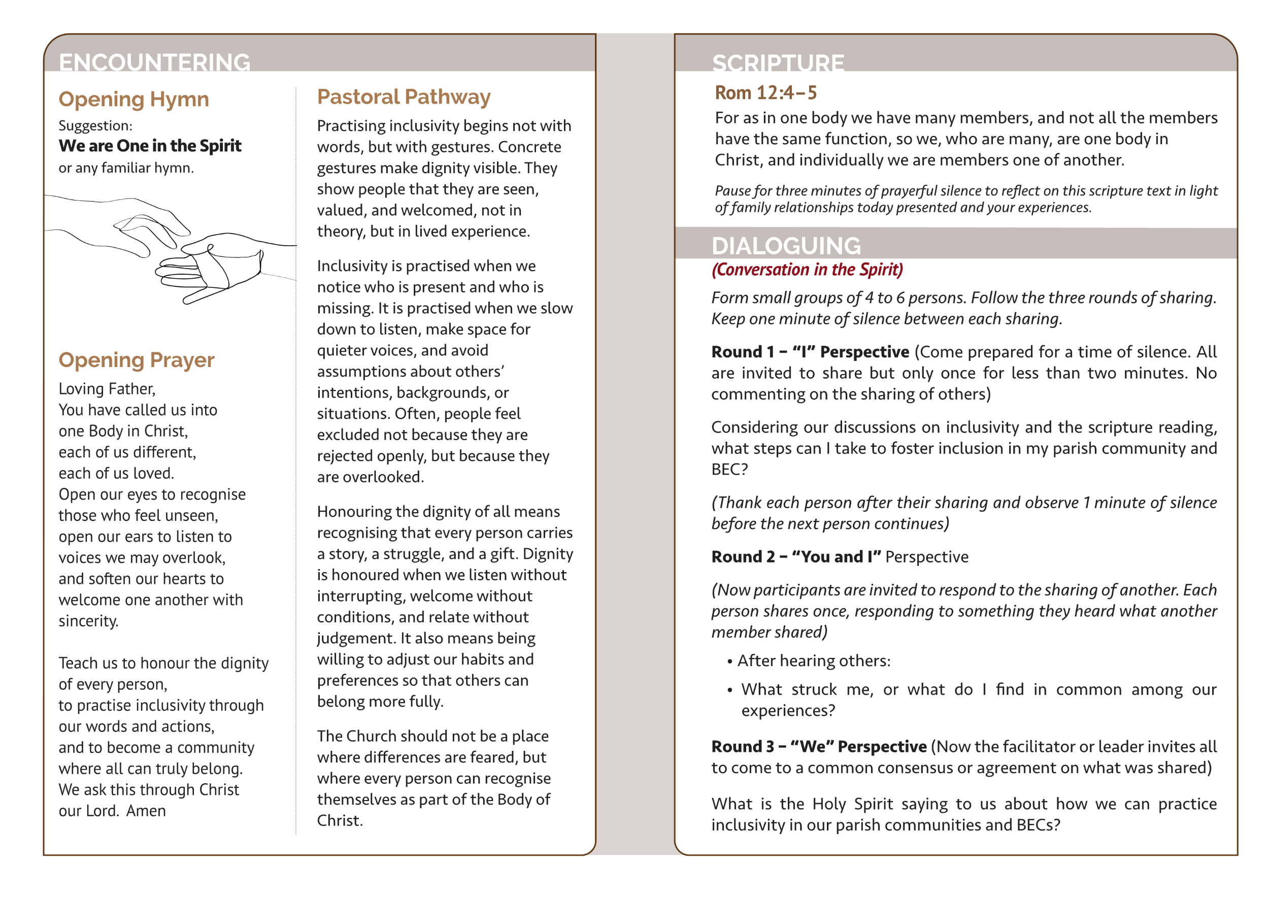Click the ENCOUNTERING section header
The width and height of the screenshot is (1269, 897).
(154, 62)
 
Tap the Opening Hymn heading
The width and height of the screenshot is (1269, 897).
(134, 99)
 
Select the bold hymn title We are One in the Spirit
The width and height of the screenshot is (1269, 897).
(150, 146)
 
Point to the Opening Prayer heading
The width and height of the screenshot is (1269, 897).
(136, 360)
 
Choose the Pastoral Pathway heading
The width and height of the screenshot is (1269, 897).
(404, 97)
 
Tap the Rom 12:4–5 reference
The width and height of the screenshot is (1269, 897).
(765, 93)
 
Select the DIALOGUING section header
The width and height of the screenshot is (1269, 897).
(786, 246)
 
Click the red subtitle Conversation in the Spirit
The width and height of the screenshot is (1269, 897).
(807, 270)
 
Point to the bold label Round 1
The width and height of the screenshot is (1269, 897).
(742, 352)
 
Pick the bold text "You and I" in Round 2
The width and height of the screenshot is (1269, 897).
(836, 557)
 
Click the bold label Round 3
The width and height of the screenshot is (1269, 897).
(742, 747)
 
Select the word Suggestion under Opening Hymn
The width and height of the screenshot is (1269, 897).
(95, 126)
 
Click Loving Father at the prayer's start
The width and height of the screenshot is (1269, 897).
(107, 389)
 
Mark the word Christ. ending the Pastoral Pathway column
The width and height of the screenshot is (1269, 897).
(340, 821)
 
